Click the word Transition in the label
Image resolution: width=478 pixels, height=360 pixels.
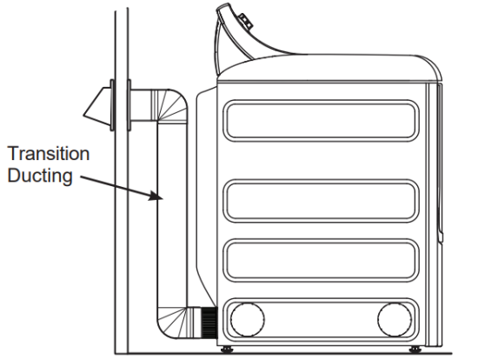click(x=48, y=154)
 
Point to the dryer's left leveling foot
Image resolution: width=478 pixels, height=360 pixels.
click(x=229, y=349)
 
